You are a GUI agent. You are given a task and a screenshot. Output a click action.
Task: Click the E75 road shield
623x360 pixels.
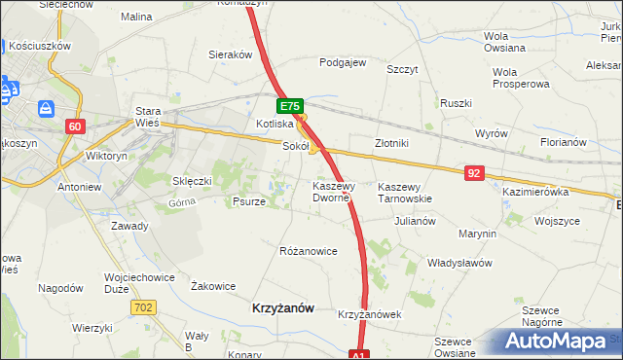pyautogui.click(x=290, y=106)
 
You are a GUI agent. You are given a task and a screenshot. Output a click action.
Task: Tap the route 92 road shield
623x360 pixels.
pyautogui.click(x=474, y=173)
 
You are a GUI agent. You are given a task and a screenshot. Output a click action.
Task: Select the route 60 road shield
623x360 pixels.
pyautogui.click(x=77, y=126)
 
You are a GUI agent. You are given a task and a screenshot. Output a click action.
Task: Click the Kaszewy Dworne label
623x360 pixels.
pyautogui.click(x=337, y=192)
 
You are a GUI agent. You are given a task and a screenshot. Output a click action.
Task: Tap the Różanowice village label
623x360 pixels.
pyautogui.click(x=308, y=251)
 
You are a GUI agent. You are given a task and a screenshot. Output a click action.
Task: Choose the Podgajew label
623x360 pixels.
pyautogui.click(x=343, y=62)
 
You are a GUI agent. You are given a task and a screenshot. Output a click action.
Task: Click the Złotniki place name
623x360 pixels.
pyautogui.click(x=391, y=143)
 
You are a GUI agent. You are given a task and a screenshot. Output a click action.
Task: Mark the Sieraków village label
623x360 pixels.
pyautogui.click(x=231, y=55)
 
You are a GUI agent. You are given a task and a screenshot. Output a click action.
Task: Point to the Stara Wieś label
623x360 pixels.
pyautogui.click(x=148, y=117)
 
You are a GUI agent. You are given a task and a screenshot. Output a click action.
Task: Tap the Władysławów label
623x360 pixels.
pyautogui.click(x=459, y=263)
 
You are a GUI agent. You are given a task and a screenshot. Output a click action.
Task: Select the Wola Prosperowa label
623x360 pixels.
pyautogui.click(x=515, y=78)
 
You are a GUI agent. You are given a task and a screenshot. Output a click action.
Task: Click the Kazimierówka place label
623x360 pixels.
pyautogui.click(x=534, y=193)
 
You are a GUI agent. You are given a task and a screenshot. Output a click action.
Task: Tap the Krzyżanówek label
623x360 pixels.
pyautogui.click(x=369, y=315)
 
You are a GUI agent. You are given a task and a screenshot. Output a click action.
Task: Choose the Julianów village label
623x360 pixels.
pyautogui.click(x=415, y=221)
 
